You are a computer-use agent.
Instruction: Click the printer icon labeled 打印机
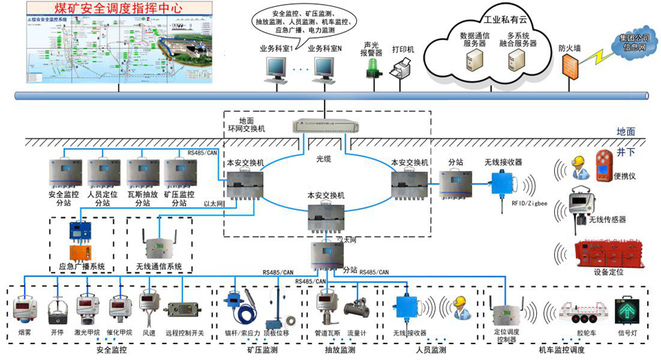403,70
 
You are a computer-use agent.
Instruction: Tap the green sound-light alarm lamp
373,66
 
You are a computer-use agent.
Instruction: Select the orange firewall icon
569,65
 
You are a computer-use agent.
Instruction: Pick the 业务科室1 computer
277,67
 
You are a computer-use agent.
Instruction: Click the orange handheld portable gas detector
605,166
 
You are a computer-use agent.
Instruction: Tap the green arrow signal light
627,311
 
